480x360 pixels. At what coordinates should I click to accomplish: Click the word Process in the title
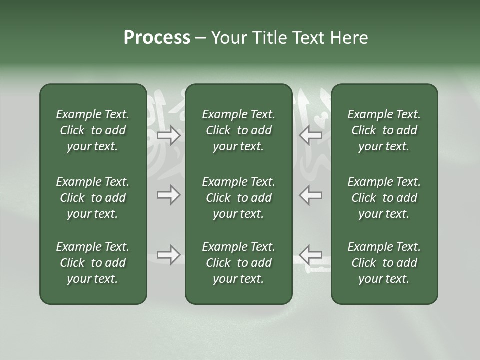coord(157,38)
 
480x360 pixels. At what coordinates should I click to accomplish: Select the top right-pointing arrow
coord(168,136)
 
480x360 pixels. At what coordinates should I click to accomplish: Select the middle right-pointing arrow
coord(168,194)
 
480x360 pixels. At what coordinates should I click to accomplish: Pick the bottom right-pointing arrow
coord(168,255)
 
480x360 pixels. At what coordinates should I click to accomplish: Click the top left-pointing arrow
coord(311,136)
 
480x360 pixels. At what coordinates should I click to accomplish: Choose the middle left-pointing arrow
coord(311,194)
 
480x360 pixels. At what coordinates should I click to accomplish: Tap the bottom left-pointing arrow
coord(311,255)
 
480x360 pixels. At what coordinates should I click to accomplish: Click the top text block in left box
coord(93,130)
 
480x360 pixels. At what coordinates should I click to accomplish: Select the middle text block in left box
coord(93,198)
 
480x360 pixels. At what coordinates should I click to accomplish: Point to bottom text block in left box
coord(93,263)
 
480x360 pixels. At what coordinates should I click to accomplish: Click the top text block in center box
coord(238,130)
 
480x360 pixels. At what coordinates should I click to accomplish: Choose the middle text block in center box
coord(238,198)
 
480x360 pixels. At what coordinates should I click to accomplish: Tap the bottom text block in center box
coord(238,263)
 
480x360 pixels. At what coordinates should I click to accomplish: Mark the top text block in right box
coord(384,130)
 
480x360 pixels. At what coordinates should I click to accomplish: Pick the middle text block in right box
coord(384,198)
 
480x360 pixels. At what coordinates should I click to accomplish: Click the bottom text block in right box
coord(384,263)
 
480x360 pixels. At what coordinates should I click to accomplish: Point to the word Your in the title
coord(229,38)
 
